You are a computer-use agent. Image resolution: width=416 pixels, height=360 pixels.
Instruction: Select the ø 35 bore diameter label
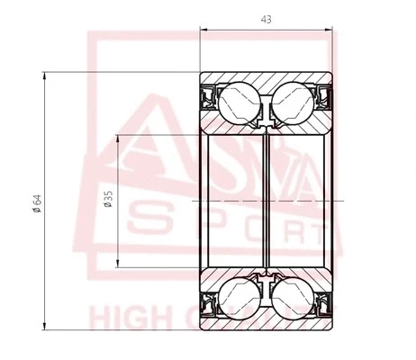click(108, 201)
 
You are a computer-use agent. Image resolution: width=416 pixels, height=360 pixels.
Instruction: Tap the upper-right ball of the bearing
click(296, 102)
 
